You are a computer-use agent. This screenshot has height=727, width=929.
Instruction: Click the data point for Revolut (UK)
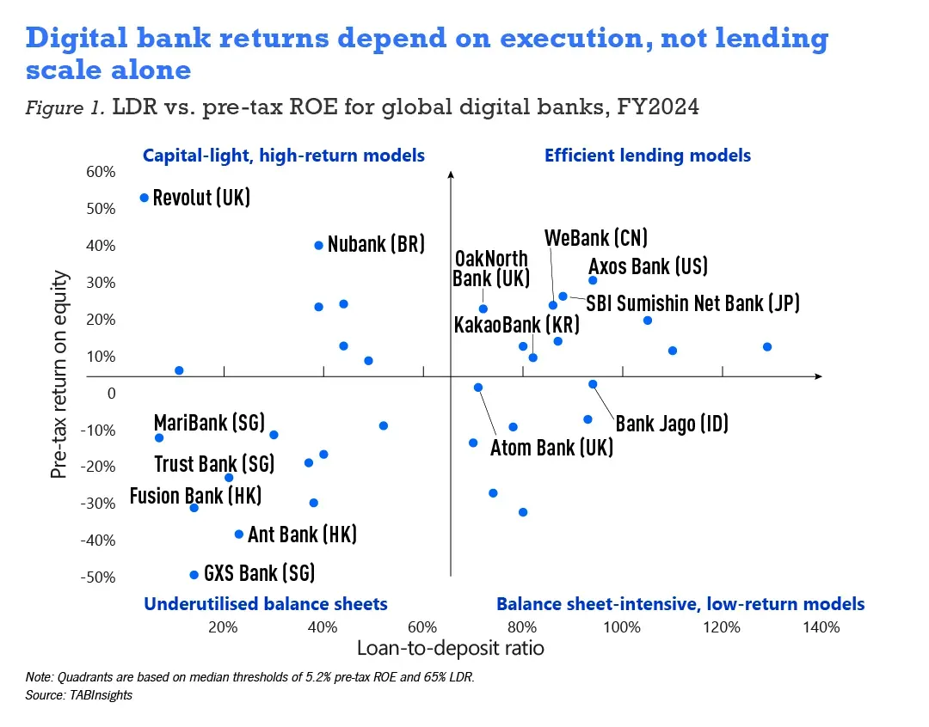(144, 198)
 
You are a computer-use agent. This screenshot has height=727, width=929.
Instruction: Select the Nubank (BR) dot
(318, 245)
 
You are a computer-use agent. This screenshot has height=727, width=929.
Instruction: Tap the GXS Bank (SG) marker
(194, 575)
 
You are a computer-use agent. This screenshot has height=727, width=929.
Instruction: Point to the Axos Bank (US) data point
(593, 280)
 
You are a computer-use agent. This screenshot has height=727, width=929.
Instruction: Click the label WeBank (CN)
(596, 238)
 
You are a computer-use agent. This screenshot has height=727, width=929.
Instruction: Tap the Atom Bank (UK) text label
(551, 448)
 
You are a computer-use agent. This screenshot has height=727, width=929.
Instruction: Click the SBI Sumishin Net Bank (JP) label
(693, 302)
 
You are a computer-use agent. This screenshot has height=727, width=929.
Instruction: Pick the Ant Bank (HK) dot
(239, 535)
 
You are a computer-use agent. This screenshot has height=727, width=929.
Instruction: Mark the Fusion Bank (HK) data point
(194, 508)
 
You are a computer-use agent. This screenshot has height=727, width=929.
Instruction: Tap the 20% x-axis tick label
(223, 626)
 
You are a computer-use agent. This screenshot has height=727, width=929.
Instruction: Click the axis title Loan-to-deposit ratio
(450, 648)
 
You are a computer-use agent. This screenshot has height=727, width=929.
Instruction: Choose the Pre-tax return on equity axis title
(58, 375)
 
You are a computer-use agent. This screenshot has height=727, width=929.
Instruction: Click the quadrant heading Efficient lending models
(648, 156)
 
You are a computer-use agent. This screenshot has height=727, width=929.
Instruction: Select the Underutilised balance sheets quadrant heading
(266, 604)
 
